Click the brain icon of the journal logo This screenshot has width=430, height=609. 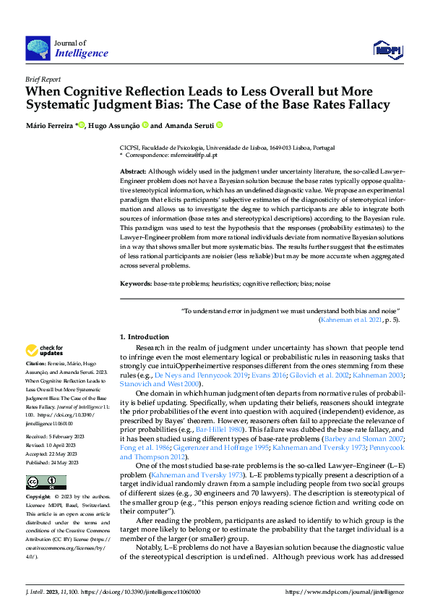[37, 48]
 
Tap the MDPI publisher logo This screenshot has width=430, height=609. [387, 48]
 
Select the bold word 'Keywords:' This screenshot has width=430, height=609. [135, 284]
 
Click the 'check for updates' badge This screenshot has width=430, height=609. [45, 352]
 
